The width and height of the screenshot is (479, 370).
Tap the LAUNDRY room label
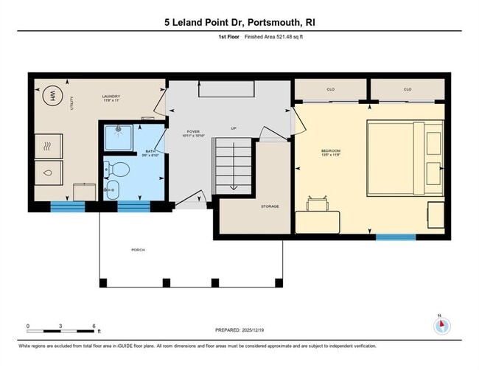[111, 97]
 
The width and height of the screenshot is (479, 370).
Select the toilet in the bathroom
[118, 170]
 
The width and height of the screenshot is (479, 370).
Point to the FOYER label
[194, 133]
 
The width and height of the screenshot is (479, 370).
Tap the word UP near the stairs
[234, 128]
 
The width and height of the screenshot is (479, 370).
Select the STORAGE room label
[270, 206]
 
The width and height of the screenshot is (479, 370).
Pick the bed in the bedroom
[405, 158]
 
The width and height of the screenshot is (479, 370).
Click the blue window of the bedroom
[396, 237]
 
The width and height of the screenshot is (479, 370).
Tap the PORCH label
[138, 250]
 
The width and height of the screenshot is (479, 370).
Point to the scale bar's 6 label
[94, 325]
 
